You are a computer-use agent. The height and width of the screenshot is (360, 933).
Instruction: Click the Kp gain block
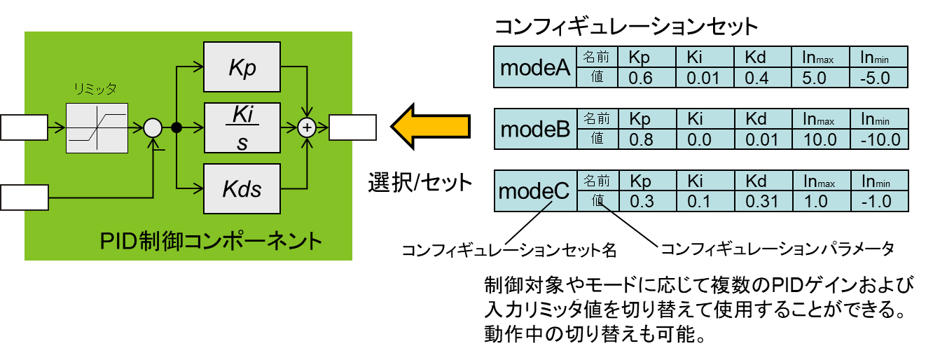[x=242, y=67]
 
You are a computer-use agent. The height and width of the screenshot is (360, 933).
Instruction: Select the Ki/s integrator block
[x=242, y=127]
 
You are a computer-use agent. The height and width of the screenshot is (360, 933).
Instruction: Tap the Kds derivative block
[x=242, y=188]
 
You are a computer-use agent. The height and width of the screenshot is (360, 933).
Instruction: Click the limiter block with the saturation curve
[x=97, y=128]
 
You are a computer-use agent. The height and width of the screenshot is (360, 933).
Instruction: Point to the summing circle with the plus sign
[x=307, y=128]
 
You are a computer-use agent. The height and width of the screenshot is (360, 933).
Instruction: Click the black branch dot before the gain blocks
[x=177, y=127]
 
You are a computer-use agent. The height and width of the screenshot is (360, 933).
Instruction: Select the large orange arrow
[x=430, y=126]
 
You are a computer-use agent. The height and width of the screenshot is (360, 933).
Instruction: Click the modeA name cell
[x=535, y=67]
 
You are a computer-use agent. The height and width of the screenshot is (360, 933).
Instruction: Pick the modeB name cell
[x=536, y=129]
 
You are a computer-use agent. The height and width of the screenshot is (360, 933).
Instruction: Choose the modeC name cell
[x=536, y=191]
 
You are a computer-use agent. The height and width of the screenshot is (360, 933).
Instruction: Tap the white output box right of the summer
[x=353, y=127]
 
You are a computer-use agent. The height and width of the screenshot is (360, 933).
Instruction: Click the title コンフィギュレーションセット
[x=626, y=27]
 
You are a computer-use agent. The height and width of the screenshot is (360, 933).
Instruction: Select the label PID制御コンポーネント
[x=211, y=241]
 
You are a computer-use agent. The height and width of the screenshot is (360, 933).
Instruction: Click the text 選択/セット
[x=420, y=183]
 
